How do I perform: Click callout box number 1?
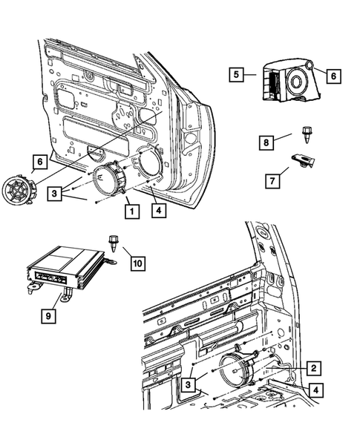[131, 211]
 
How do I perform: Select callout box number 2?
[314, 367]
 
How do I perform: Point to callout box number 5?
[234, 75]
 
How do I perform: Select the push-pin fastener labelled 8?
[306, 134]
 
